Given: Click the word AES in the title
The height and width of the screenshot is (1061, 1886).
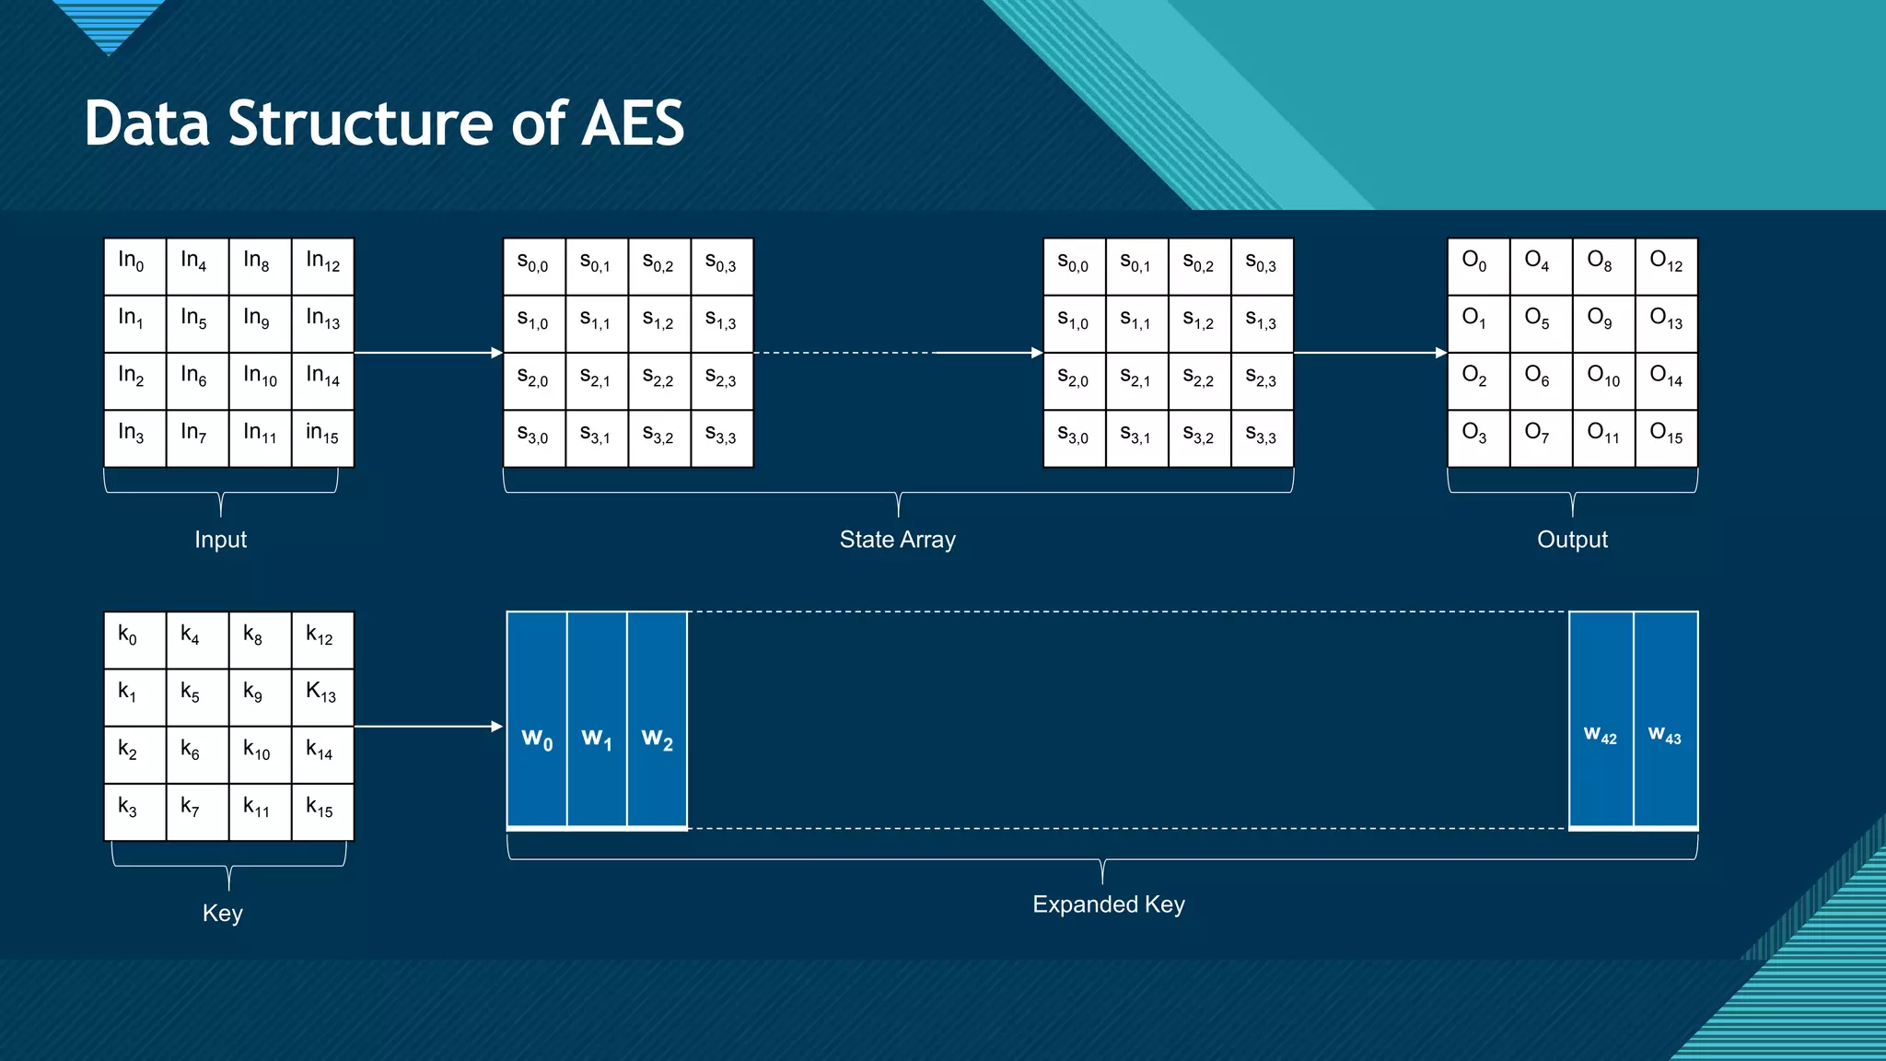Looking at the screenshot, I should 633,123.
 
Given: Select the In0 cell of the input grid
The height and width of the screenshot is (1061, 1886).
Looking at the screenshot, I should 134,266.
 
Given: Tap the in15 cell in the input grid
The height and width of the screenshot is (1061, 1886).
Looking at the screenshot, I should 322,438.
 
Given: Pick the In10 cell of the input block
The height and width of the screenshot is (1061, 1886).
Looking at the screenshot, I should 260,380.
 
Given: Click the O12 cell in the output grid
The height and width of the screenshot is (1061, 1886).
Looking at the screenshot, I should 1666,266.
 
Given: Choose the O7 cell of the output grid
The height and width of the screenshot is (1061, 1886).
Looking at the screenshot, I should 1540,438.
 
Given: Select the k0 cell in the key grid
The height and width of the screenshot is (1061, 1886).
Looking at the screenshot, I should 134,640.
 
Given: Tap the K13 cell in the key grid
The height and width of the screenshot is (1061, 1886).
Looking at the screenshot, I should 322,697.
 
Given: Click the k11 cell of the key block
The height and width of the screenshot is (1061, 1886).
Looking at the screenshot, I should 260,811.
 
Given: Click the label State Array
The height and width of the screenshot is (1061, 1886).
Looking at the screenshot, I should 897,540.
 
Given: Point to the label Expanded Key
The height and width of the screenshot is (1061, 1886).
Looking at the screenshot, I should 1108,904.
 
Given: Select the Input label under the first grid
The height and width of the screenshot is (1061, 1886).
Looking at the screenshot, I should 220,540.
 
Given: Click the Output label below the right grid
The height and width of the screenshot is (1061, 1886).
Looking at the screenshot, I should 1572,540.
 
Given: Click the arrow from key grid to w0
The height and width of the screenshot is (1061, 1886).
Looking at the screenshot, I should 428,727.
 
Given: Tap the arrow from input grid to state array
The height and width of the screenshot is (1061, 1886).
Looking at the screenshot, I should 428,353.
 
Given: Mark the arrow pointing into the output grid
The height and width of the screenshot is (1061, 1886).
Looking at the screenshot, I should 1370,353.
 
